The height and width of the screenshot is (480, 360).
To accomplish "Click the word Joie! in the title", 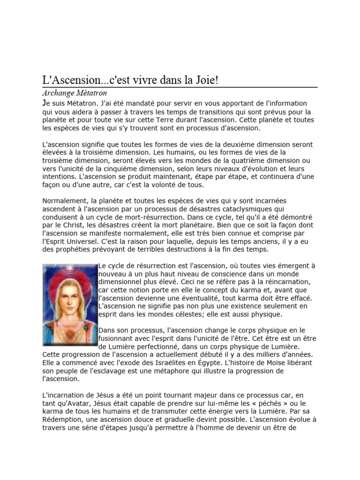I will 204,80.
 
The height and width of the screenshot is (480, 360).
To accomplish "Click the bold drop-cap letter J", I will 44,103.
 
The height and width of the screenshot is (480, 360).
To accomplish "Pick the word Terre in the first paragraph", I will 159,120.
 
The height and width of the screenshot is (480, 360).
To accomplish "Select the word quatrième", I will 240,161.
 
